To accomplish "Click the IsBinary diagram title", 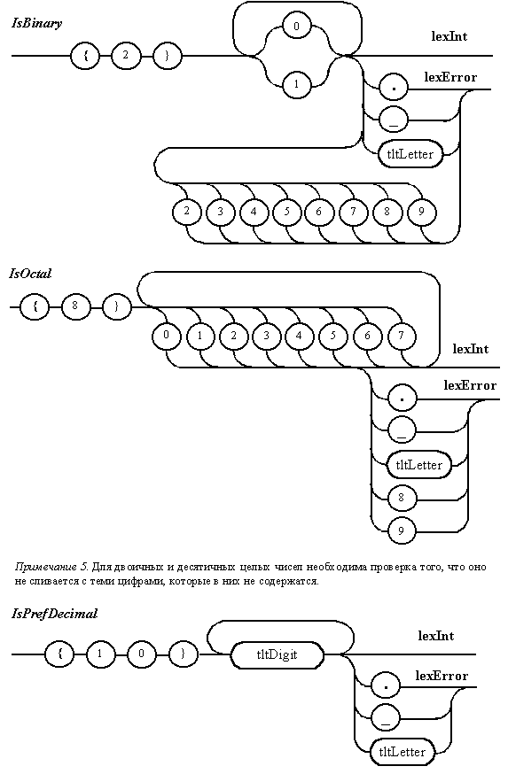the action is tap(37, 23).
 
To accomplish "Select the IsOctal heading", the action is tap(30, 274).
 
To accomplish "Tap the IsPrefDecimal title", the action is tap(54, 614).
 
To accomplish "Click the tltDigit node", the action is tap(277, 654).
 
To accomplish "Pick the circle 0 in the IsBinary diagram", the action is tap(296, 26).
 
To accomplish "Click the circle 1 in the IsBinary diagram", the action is tap(296, 84).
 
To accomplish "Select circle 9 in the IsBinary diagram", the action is tap(421, 212).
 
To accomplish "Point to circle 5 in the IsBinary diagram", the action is tap(286, 212).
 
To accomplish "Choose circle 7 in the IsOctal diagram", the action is tap(402, 336).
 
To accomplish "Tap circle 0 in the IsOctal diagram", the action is tap(166, 335).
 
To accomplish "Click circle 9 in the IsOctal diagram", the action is tap(402, 530).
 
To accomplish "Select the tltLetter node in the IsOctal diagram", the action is tap(419, 465).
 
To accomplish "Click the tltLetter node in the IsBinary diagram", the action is tap(410, 154).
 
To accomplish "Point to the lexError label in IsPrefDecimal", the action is tap(442, 676).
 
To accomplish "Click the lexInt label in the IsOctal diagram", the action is tap(471, 349).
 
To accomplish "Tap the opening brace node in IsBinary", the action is tap(85, 55).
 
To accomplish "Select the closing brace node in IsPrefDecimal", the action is tap(183, 654).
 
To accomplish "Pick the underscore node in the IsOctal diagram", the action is tap(402, 431).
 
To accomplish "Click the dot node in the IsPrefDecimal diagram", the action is tap(386, 686).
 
